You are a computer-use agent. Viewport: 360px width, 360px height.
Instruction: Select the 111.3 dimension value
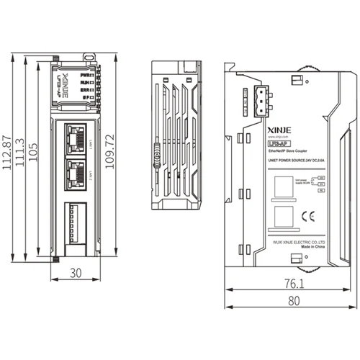pyautogui.click(x=21, y=157)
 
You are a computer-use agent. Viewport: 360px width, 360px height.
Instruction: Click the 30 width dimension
pyautogui.click(x=76, y=273)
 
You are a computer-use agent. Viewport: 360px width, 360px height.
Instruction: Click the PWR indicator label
pyautogui.click(x=84, y=74)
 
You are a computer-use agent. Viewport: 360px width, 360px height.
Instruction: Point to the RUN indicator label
pyautogui.click(x=84, y=82)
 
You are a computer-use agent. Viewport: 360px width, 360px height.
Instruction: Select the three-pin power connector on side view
pyautogui.click(x=259, y=102)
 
